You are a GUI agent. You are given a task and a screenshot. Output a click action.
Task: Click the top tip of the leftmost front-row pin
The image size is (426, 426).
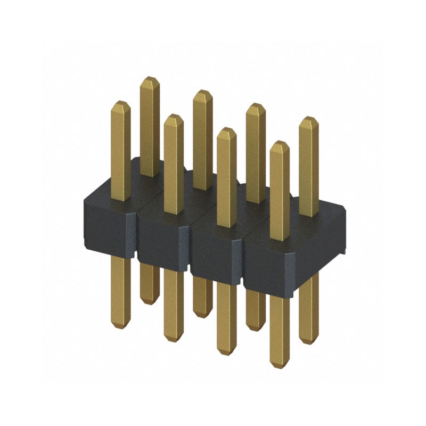tap(120, 102)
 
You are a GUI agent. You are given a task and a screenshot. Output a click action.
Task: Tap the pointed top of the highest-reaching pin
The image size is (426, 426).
tap(150, 78)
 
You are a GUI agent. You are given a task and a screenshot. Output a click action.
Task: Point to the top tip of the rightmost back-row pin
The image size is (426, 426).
tap(308, 118)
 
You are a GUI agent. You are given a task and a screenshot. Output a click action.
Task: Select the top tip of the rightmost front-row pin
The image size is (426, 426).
tap(280, 142)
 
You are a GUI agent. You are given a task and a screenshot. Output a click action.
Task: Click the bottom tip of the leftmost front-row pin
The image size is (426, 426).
tap(120, 326)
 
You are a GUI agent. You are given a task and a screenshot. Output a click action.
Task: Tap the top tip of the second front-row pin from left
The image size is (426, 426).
tap(174, 115)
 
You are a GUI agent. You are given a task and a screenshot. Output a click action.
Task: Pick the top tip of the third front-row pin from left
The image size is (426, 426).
tap(227, 128)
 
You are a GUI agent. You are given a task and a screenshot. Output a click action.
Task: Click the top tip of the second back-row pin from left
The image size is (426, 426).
tap(202, 91)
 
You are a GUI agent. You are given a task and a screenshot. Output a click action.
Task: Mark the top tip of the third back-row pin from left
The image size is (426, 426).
tap(256, 104)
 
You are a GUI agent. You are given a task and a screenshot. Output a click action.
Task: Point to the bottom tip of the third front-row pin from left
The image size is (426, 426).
tap(227, 353)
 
